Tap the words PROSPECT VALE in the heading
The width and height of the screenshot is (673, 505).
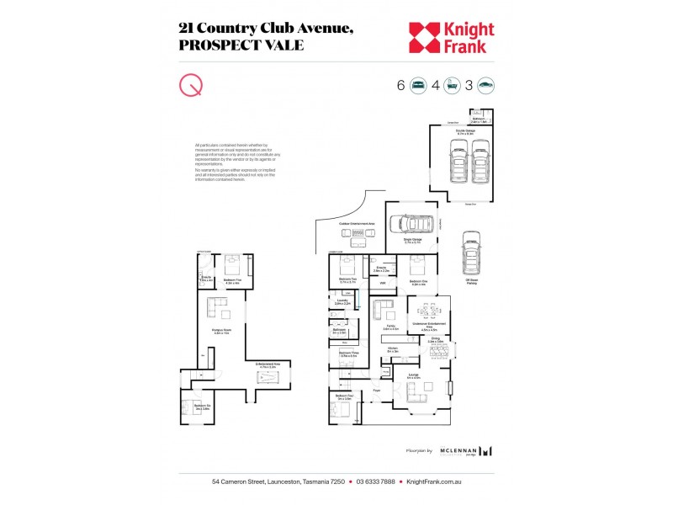pyautogui.click(x=241, y=45)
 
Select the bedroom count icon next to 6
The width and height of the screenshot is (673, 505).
pyautogui.click(x=418, y=85)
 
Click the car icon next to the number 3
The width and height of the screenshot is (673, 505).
pyautogui.click(x=485, y=85)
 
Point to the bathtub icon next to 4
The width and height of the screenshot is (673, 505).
pyautogui.click(x=452, y=85)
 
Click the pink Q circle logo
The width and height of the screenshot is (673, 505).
pyautogui.click(x=191, y=86)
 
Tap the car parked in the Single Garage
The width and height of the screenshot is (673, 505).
pyautogui.click(x=412, y=225)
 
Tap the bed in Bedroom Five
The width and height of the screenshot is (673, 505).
pyautogui.click(x=232, y=265)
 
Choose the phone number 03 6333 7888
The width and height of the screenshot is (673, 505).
pyautogui.click(x=375, y=482)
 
